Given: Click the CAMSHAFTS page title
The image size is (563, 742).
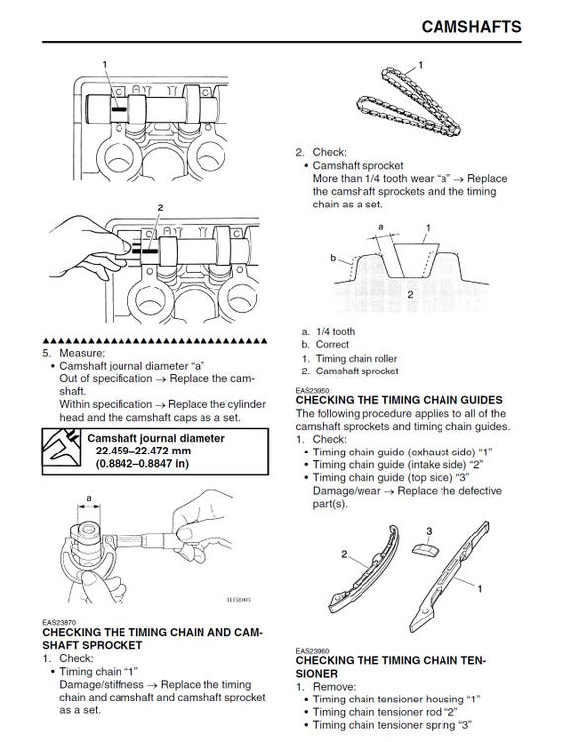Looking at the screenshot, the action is (x=471, y=26).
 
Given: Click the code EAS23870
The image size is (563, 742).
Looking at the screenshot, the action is (x=59, y=622).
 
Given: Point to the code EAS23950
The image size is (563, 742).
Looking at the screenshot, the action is (x=313, y=391).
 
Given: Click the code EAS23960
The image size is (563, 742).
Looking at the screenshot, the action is (x=313, y=651).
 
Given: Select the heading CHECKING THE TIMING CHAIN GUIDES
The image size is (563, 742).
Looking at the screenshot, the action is (x=399, y=400).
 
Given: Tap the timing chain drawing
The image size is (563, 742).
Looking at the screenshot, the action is (x=408, y=102).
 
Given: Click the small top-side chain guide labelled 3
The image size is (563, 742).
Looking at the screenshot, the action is (x=426, y=550).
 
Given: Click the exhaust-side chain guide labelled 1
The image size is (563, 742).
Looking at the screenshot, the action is (x=449, y=576).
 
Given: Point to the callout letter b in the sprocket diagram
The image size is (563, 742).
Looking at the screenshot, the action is (x=333, y=258).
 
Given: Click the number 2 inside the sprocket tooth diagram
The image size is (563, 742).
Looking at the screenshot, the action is (x=410, y=294).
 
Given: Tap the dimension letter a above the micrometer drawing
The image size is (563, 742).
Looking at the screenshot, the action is (x=89, y=498).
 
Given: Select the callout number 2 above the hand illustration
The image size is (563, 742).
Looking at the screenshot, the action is (x=160, y=207).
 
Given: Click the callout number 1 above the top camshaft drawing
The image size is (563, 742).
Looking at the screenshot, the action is (x=105, y=64).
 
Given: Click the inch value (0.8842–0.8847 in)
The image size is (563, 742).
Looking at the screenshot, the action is (x=142, y=463).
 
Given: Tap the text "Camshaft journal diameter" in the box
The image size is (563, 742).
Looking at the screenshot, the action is (x=156, y=438).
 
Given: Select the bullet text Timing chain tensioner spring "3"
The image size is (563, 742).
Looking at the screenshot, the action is (x=393, y=725).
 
